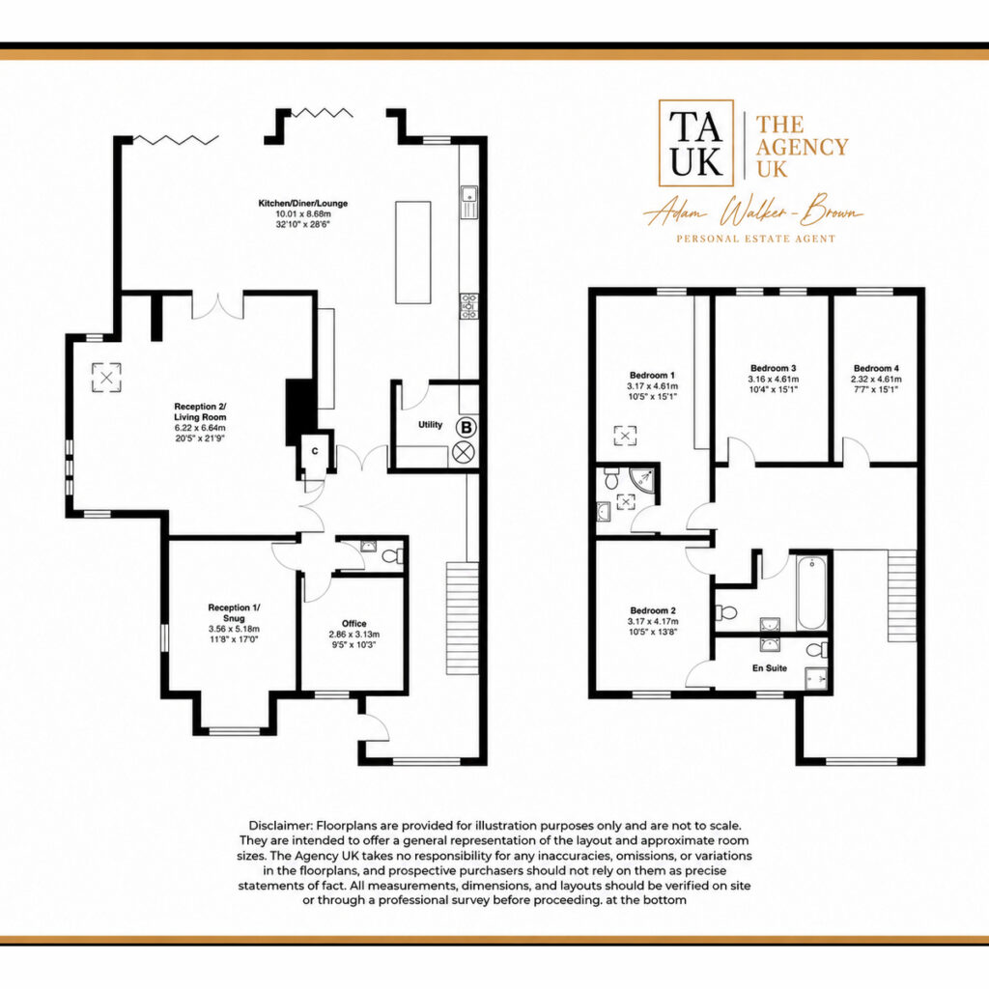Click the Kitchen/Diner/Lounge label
click(x=302, y=203)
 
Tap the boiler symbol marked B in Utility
click(x=466, y=427)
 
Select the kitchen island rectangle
click(x=413, y=252)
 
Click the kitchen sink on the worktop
click(x=468, y=202)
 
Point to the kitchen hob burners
click(x=468, y=306)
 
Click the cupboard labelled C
click(x=315, y=451)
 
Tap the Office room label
click(x=354, y=623)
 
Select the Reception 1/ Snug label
click(x=234, y=612)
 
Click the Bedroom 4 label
click(x=876, y=368)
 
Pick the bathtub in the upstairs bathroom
click(x=811, y=592)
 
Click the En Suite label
click(x=770, y=668)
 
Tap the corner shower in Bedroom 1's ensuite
click(x=646, y=478)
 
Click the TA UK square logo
click(x=696, y=143)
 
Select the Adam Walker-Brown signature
click(x=753, y=213)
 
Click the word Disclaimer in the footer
click(x=280, y=826)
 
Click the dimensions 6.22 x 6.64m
click(x=200, y=428)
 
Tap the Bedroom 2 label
click(x=653, y=610)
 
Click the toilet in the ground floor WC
click(x=394, y=556)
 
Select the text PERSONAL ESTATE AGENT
click(x=755, y=240)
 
